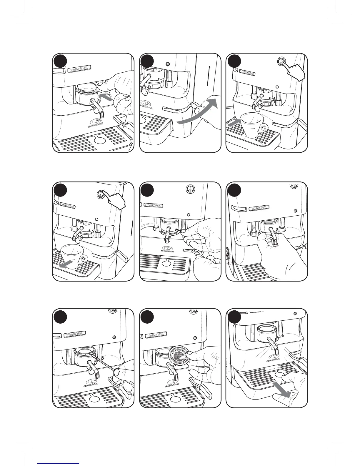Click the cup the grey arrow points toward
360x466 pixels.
[x=253, y=125]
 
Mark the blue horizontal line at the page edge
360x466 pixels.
[x=59, y=463]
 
